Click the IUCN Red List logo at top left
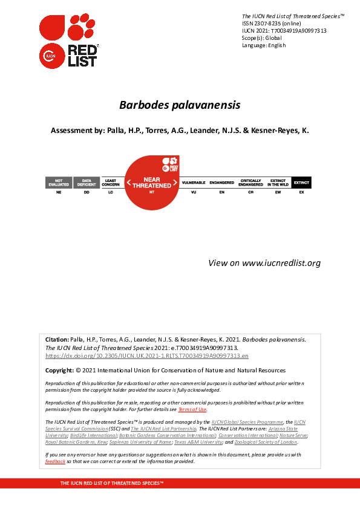(x=68, y=40)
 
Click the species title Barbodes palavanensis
(x=180, y=105)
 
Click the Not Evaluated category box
(x=59, y=182)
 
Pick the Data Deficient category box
(x=87, y=182)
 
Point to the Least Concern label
(x=111, y=182)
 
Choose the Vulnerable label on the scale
(x=194, y=182)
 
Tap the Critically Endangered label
(x=250, y=182)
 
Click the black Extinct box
(x=301, y=182)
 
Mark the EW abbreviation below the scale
(x=278, y=192)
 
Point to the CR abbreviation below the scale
(x=250, y=192)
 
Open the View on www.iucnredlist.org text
(x=264, y=263)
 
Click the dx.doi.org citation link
(x=147, y=357)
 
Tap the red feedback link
(x=55, y=461)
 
